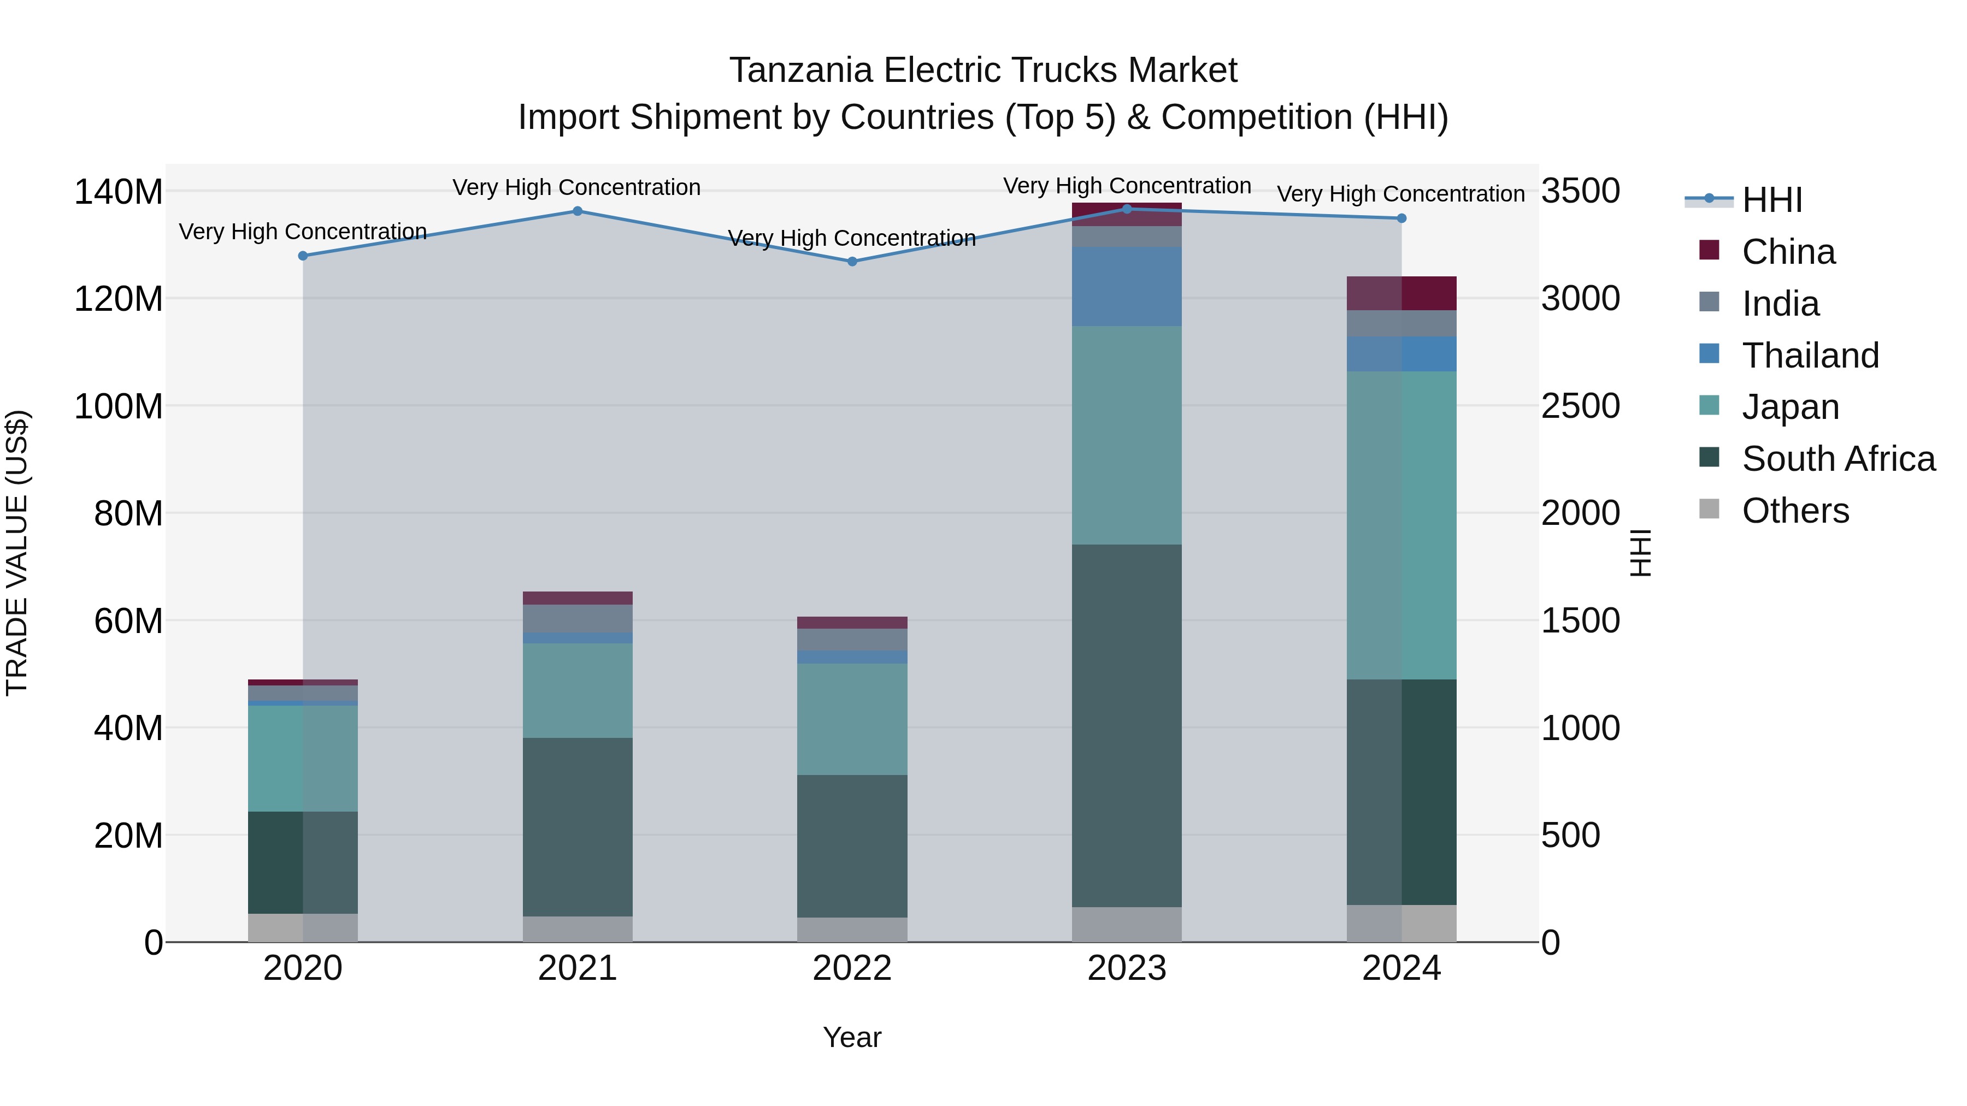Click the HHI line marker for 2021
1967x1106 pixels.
coord(578,211)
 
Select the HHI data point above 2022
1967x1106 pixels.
coord(852,261)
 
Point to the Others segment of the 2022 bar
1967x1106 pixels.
coord(852,929)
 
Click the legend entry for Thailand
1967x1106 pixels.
coord(1810,356)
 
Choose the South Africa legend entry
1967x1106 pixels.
coord(1838,459)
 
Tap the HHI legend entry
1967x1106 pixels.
coord(1771,200)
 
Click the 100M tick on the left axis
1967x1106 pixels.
coord(119,406)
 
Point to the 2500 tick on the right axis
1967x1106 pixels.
coord(1580,406)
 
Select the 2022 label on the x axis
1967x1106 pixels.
coord(852,968)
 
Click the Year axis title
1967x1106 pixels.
coord(852,1037)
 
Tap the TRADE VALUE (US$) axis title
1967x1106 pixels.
coord(17,553)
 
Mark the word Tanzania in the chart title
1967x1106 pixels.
coord(801,70)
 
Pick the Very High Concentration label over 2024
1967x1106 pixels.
coord(1400,194)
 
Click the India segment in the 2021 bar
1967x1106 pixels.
coord(578,618)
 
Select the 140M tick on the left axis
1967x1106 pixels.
coord(119,192)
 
